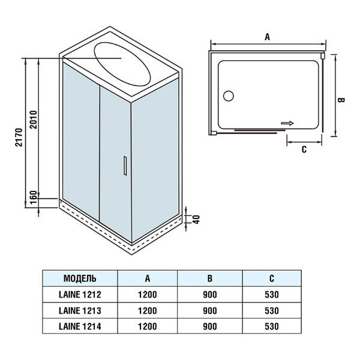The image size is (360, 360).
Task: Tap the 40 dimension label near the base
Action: click(194, 218)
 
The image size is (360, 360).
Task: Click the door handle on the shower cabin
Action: click(124, 166)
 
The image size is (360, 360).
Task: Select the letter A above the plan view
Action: click(268, 37)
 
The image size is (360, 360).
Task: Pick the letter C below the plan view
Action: click(304, 149)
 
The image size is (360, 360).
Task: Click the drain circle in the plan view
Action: click(228, 95)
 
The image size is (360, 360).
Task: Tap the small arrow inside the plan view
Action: click(287, 123)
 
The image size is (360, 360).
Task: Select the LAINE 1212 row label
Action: click(80, 295)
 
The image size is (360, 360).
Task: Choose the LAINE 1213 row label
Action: click(80, 311)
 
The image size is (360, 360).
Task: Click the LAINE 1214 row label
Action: click(80, 326)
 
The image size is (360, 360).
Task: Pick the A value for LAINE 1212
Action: click(147, 295)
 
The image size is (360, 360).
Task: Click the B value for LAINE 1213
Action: click(210, 311)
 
